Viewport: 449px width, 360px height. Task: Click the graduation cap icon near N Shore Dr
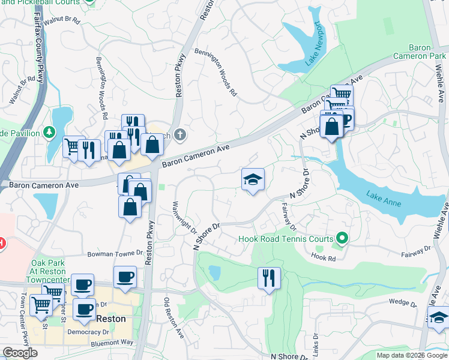click(253, 179)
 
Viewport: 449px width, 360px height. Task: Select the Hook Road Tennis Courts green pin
click(342, 239)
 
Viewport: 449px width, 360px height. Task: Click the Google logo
click(20, 353)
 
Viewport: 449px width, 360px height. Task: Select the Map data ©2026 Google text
click(411, 355)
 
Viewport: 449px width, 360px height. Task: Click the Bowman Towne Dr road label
click(113, 254)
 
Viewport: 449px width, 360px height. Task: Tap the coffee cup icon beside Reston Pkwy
click(125, 277)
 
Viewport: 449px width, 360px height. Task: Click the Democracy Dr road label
click(83, 331)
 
